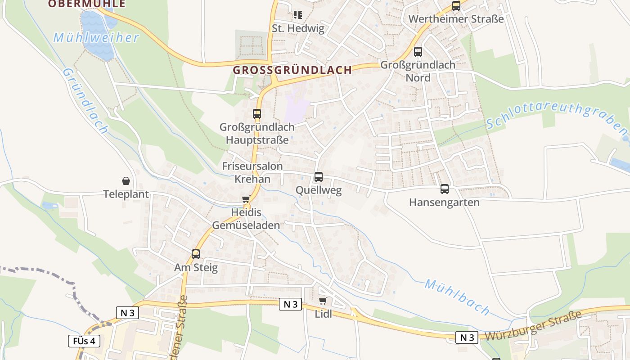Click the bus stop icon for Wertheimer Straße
456,6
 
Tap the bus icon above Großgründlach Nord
418,52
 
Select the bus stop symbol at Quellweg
319,177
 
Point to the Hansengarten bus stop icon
445,189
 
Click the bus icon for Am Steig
196,254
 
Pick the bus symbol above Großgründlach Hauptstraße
257,114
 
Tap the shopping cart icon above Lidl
323,301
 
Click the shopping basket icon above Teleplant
126,181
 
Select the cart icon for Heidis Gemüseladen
246,199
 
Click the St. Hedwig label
298,28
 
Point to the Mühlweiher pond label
96,38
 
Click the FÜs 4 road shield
84,341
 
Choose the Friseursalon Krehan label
252,173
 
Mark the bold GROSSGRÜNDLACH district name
292,70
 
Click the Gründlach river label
85,101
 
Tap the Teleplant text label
126,194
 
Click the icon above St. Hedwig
298,15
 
